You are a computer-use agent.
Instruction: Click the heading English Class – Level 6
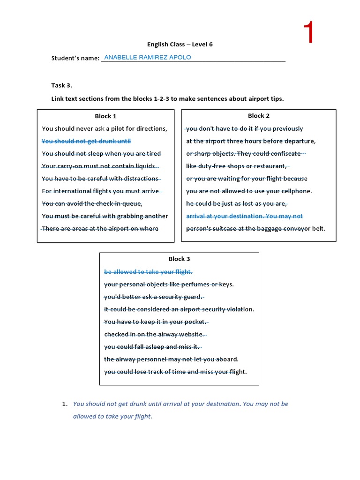tap(176, 45)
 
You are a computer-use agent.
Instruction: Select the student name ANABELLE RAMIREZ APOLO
tap(147, 58)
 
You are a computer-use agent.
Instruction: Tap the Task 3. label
tap(62, 85)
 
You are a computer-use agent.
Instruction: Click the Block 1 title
tap(105, 116)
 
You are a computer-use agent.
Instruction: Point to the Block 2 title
tap(259, 116)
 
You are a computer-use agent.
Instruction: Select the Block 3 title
tap(179, 259)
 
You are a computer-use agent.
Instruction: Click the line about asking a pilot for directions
tap(104, 128)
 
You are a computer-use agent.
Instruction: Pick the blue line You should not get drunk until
tap(86, 141)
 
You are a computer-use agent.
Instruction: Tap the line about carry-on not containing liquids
tap(100, 166)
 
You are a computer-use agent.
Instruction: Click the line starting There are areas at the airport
tap(100, 229)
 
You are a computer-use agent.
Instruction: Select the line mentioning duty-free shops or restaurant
tap(237, 166)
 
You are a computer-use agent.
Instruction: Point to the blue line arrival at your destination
tap(245, 216)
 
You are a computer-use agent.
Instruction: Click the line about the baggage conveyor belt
tap(255, 229)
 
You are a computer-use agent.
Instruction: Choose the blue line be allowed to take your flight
tap(148, 272)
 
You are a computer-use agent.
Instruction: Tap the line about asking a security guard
tap(153, 297)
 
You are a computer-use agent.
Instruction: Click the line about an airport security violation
tap(179, 309)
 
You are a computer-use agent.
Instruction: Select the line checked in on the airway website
tap(154, 334)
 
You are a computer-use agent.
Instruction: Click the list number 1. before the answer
tap(65, 404)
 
